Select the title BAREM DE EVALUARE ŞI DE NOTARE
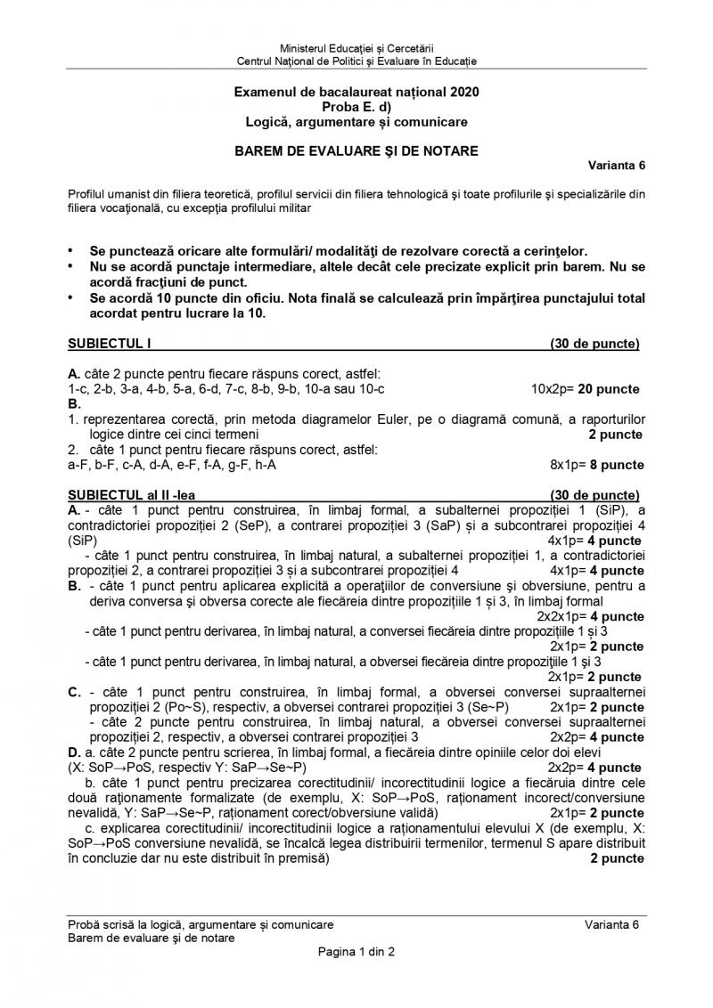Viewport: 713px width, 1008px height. pyautogui.click(x=356, y=151)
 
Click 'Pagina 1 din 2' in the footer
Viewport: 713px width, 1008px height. pyautogui.click(x=356, y=952)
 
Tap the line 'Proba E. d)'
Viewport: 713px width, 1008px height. pyautogui.click(x=356, y=107)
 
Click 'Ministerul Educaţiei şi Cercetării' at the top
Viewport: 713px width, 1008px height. pyautogui.click(x=356, y=47)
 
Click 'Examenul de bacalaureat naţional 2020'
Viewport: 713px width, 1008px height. pyautogui.click(x=356, y=92)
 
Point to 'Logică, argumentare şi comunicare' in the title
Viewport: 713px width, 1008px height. pyautogui.click(x=356, y=122)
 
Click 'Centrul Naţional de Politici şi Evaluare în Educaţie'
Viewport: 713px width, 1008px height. pyautogui.click(x=356, y=61)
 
